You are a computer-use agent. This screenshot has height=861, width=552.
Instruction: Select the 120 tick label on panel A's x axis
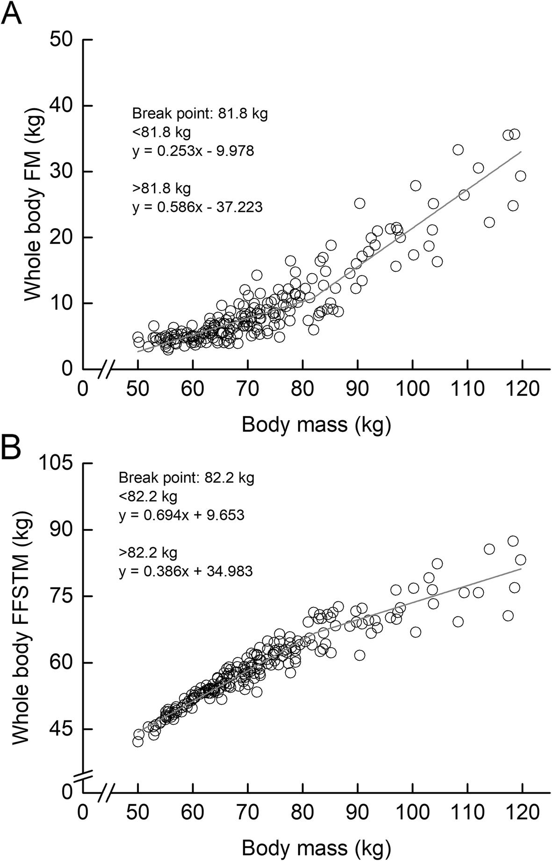(x=522, y=389)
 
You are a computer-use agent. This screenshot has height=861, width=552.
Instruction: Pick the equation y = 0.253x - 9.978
(x=193, y=151)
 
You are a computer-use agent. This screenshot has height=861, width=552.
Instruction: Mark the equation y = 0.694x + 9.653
(x=181, y=515)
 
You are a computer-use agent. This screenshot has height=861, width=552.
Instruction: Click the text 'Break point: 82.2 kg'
(x=186, y=478)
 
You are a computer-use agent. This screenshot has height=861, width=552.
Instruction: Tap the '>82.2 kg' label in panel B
(x=148, y=552)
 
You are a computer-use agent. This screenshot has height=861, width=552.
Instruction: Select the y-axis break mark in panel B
(x=83, y=776)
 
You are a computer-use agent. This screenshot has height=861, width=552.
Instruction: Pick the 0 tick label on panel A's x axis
(x=83, y=389)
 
